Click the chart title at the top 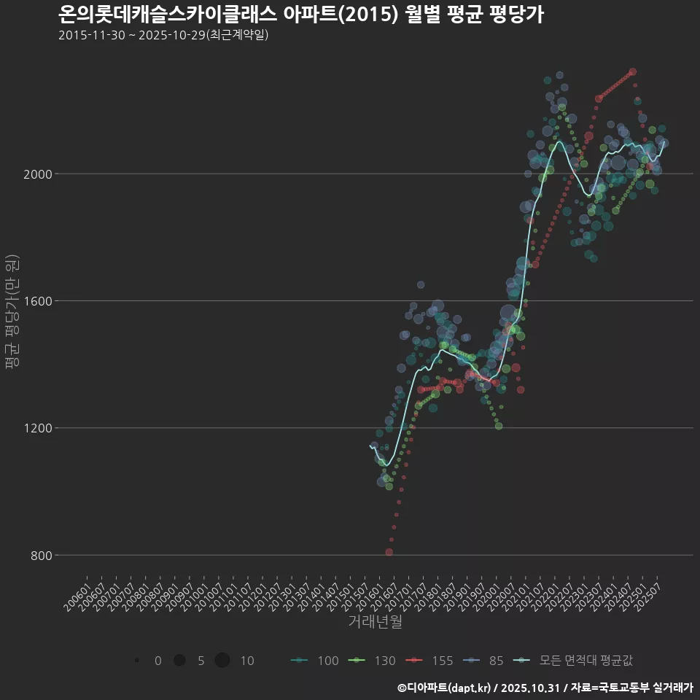300,15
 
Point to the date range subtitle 164,35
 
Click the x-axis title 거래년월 376,622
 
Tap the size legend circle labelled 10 222,661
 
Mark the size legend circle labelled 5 179,661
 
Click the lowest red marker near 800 389,552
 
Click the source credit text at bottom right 545,688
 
